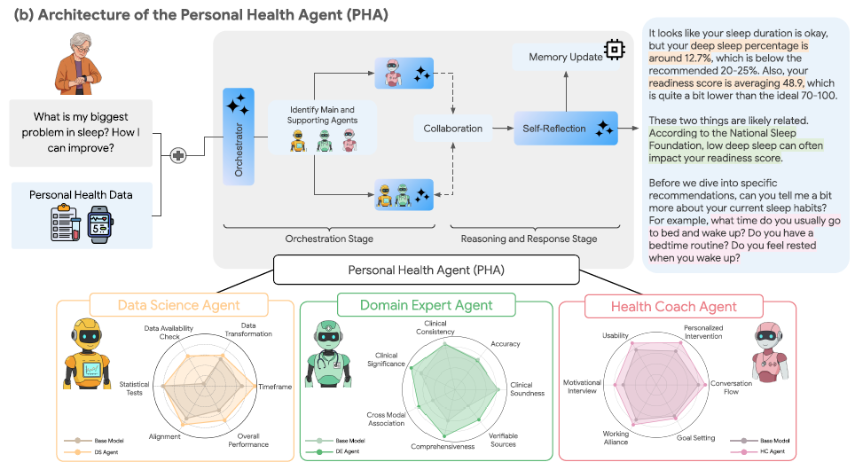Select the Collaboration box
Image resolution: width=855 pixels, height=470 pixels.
[x=453, y=129]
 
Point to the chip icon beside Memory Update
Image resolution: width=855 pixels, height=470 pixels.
[x=613, y=50]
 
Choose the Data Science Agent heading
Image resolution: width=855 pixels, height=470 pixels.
[x=179, y=305]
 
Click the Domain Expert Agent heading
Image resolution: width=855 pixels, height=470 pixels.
[x=426, y=305]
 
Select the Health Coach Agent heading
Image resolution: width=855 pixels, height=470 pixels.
[x=674, y=307]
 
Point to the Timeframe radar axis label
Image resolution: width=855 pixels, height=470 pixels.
[x=275, y=388]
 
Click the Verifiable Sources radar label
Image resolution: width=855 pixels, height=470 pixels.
[x=503, y=440]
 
